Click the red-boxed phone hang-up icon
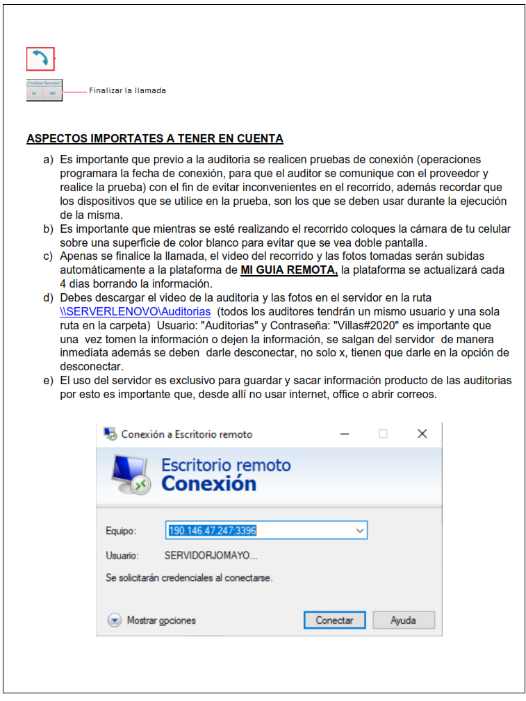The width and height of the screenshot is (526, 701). pyautogui.click(x=40, y=59)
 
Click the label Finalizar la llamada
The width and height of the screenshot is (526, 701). pyautogui.click(x=127, y=90)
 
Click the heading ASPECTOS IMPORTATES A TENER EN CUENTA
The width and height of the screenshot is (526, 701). pyautogui.click(x=154, y=138)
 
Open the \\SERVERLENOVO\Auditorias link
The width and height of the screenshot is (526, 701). pyautogui.click(x=135, y=312)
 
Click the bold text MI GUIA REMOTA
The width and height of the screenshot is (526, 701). pyautogui.click(x=289, y=270)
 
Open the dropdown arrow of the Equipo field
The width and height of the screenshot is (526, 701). pyautogui.click(x=360, y=531)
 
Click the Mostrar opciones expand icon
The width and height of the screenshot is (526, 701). pyautogui.click(x=115, y=620)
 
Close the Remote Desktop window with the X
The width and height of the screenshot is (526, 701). pyautogui.click(x=422, y=434)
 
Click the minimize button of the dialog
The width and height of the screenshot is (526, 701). pyautogui.click(x=345, y=434)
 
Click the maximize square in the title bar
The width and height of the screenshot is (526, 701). pyautogui.click(x=383, y=434)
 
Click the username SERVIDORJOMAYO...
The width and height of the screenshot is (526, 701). pyautogui.click(x=211, y=556)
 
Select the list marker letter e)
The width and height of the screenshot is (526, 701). pyautogui.click(x=48, y=381)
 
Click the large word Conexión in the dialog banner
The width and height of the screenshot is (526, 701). pyautogui.click(x=208, y=484)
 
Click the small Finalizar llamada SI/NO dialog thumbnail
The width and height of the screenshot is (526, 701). pyautogui.click(x=44, y=90)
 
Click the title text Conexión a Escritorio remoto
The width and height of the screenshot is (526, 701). pyautogui.click(x=186, y=434)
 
